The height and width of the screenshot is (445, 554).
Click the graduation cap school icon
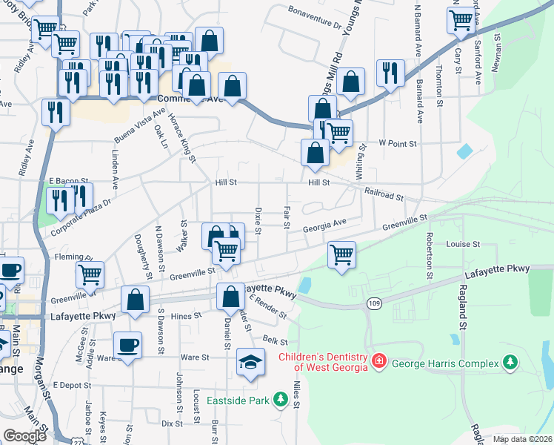point(250,363)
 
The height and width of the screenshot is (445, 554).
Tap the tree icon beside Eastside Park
point(281,400)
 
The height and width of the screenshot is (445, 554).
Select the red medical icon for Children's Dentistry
point(378,361)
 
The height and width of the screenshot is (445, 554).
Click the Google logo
point(25,436)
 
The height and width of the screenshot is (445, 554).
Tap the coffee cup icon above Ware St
point(127,346)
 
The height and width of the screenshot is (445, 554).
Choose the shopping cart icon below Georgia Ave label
point(341,254)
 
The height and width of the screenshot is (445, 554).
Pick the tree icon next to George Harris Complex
point(509,362)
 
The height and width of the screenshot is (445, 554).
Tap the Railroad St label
point(384,194)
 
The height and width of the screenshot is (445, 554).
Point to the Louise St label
point(464,243)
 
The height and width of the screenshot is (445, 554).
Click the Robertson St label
point(429,253)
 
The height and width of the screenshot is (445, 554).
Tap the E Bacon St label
point(69,180)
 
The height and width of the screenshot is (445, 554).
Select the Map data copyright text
point(521,439)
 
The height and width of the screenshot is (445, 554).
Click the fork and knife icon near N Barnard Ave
point(389,72)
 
